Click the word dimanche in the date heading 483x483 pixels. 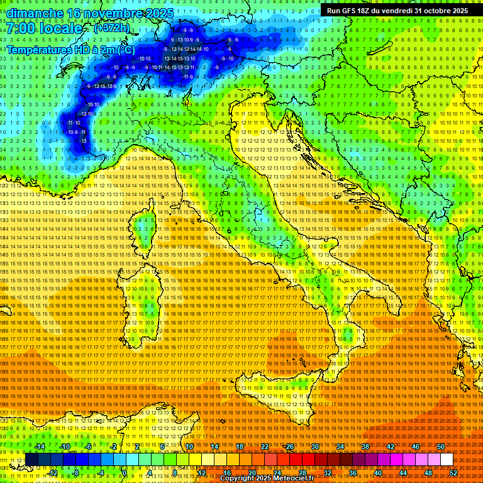click(35, 13)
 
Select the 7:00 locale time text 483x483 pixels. click(45, 28)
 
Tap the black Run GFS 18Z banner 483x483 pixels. click(397, 11)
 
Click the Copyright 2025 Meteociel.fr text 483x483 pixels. click(267, 479)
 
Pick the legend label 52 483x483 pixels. click(453, 473)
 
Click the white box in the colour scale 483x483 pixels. click(447, 459)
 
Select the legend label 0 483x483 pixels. click(125, 473)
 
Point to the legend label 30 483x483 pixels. click(315, 446)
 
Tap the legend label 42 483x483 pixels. click(390, 446)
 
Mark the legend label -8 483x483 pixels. click(76, 473)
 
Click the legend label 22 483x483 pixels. click(264, 446)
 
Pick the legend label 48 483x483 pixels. click(428, 473)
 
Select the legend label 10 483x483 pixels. click(189, 446)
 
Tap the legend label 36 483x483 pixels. click(352, 473)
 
